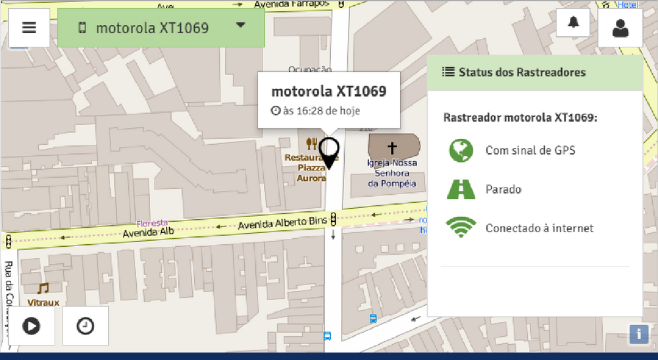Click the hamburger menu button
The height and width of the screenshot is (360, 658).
(29, 28)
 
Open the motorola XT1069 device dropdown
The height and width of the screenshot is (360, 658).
(161, 28)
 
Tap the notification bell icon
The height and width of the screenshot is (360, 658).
(573, 23)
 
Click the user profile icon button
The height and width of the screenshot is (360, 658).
(620, 28)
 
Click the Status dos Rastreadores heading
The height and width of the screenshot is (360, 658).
(522, 72)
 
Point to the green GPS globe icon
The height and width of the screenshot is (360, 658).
(461, 151)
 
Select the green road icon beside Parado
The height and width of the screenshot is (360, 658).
(461, 190)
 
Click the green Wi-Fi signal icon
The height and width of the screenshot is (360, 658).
(461, 228)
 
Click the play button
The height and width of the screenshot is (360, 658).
(32, 326)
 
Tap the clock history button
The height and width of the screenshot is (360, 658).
(85, 326)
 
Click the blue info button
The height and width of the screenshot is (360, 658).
(638, 334)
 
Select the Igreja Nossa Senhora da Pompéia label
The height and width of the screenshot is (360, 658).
(392, 173)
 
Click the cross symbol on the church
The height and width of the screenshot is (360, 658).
(392, 147)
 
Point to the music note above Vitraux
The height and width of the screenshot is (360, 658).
(43, 288)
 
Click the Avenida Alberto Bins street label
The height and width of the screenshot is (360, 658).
(282, 224)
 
